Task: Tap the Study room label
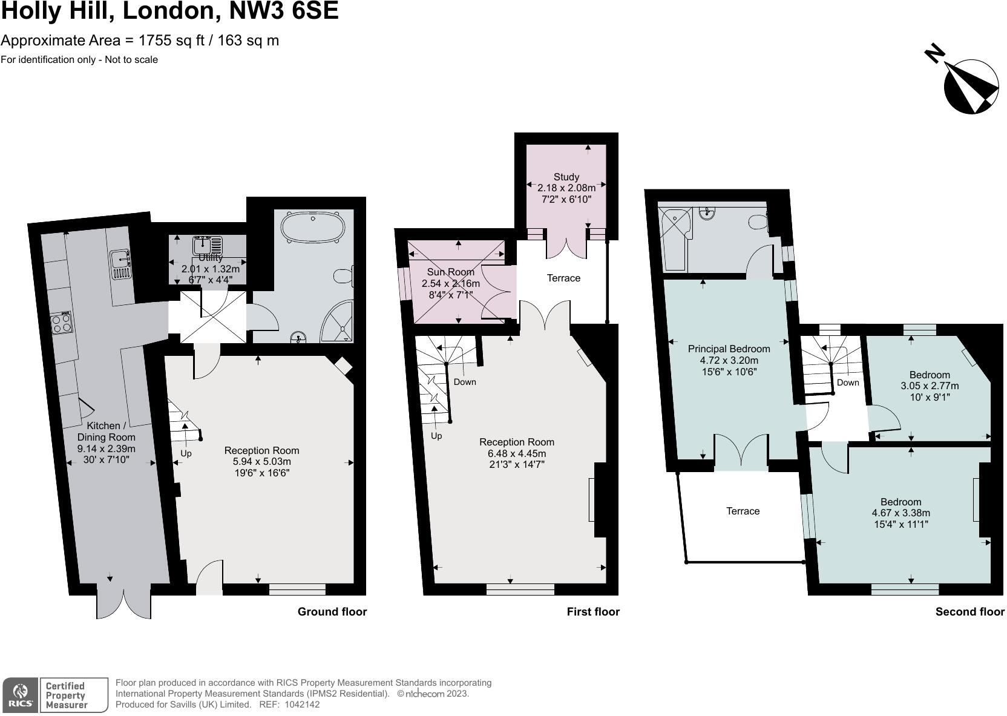pyautogui.click(x=566, y=177)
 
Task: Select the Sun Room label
pyautogui.click(x=450, y=272)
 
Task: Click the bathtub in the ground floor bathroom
pyautogui.click(x=313, y=228)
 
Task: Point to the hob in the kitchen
pyautogui.click(x=61, y=323)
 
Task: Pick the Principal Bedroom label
pyautogui.click(x=729, y=349)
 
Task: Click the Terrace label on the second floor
pyautogui.click(x=743, y=511)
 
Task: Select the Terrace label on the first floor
pyautogui.click(x=563, y=278)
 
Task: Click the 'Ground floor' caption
pyautogui.click(x=332, y=611)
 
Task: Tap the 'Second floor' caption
pyautogui.click(x=969, y=611)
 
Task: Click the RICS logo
pyautogui.click(x=21, y=695)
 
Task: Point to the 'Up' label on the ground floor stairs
pyautogui.click(x=186, y=453)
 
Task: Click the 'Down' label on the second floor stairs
pyautogui.click(x=848, y=383)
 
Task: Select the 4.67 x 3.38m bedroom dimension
pyautogui.click(x=900, y=513)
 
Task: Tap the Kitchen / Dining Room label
pyautogui.click(x=106, y=432)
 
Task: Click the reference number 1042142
pyautogui.click(x=301, y=705)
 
